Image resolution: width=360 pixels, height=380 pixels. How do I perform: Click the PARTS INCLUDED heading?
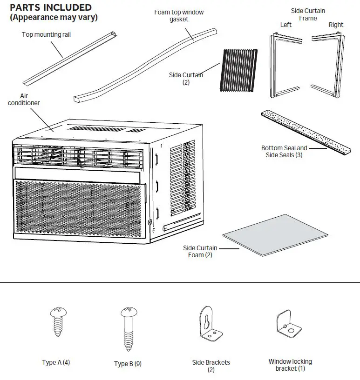click(51, 8)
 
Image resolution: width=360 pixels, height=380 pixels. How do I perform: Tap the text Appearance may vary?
click(54, 18)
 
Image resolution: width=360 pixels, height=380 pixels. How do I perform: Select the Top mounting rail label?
click(47, 34)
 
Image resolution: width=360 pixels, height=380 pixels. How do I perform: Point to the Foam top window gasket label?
click(179, 16)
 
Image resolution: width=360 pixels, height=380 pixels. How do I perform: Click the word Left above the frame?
click(285, 25)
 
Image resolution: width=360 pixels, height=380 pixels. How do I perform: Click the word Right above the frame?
click(336, 25)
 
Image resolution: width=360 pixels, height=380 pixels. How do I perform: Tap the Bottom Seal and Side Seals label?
click(284, 152)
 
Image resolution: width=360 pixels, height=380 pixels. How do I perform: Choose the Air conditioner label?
click(24, 99)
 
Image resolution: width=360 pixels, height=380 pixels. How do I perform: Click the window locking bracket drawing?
click(289, 326)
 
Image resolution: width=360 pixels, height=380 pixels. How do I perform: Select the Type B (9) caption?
click(128, 364)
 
